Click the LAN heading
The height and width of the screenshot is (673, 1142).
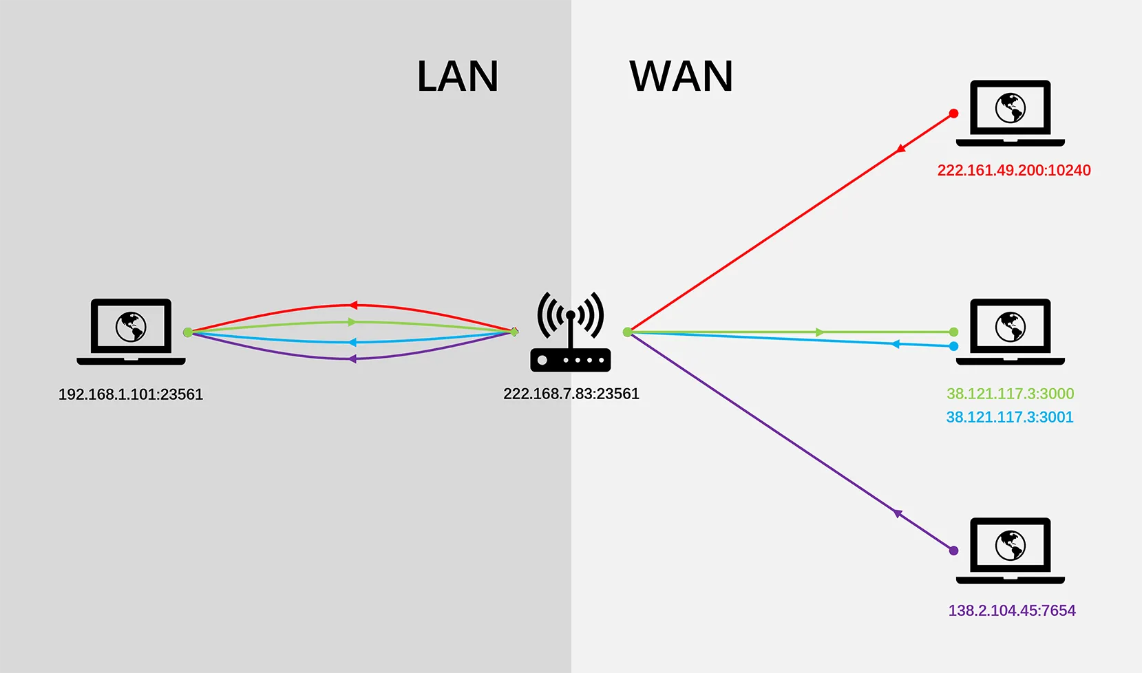click(x=457, y=76)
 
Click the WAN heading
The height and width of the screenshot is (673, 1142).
click(x=681, y=76)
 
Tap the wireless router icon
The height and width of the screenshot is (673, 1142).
click(x=571, y=331)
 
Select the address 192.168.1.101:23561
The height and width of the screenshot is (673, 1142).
click(x=131, y=394)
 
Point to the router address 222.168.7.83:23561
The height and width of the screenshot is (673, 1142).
click(x=571, y=394)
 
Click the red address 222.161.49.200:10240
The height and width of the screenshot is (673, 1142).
click(x=1014, y=170)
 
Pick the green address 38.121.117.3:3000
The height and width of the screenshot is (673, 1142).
click(x=1010, y=394)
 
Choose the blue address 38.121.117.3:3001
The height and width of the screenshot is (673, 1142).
click(x=1009, y=417)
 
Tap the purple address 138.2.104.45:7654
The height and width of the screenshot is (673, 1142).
click(x=1012, y=610)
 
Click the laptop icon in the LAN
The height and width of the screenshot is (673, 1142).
click(x=131, y=332)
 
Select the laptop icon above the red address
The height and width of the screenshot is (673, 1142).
click(x=1011, y=113)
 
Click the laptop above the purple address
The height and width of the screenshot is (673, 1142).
click(x=1011, y=551)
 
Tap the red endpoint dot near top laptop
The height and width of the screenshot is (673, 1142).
click(x=953, y=114)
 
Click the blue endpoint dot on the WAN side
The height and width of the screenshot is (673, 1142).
click(x=953, y=346)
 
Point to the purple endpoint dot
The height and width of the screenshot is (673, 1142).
click(x=953, y=551)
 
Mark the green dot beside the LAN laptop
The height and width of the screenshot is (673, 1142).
click(x=188, y=332)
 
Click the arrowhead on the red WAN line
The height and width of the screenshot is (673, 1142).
click(x=901, y=149)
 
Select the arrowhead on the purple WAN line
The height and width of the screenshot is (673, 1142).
click(x=898, y=513)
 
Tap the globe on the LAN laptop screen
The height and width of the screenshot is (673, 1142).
click(x=131, y=327)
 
